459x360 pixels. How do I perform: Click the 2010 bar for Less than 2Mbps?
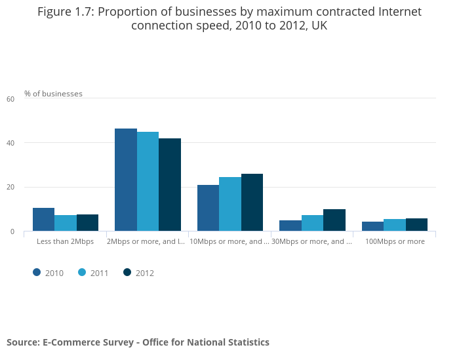point(43,220)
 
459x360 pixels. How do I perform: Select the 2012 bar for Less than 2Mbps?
point(87,223)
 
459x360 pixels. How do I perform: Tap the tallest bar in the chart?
point(126,180)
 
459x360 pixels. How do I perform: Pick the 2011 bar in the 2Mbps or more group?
point(148,182)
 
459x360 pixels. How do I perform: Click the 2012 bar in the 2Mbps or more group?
point(170,185)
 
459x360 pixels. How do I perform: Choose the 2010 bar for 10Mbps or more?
point(208,208)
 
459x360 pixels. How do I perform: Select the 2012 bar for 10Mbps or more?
point(252,203)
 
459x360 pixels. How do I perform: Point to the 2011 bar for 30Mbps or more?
point(312,223)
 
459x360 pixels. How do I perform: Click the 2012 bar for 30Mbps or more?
point(334,220)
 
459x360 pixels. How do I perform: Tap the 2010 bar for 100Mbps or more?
point(372,226)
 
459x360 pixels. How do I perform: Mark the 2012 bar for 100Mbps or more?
point(416,225)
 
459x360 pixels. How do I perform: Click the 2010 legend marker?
point(37,273)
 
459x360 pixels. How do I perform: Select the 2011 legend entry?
point(92,273)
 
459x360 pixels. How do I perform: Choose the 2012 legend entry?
point(138,273)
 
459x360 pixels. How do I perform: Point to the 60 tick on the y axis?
point(10,99)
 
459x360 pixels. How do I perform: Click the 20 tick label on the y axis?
point(10,188)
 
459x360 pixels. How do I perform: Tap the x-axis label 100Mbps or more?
point(395,241)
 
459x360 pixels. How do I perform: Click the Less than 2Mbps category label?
point(65,241)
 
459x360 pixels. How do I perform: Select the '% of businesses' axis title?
point(53,94)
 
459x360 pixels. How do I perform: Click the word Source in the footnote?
point(22,342)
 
